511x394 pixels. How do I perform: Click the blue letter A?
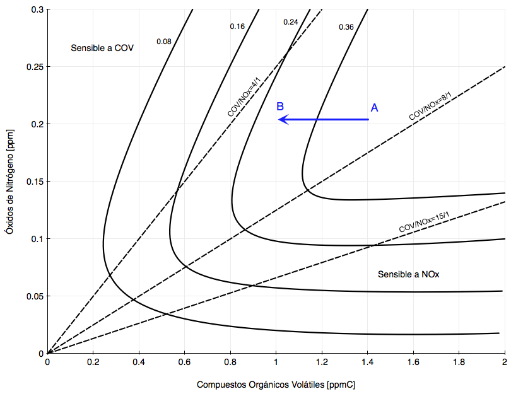tap(374, 108)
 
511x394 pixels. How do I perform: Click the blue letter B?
tap(281, 106)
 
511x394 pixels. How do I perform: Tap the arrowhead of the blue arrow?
tap(283, 119)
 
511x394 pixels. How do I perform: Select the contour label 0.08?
tap(163, 42)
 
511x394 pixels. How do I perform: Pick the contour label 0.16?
tap(237, 26)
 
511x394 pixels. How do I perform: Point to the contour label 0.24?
tap(290, 22)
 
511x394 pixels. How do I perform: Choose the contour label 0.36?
tap(346, 27)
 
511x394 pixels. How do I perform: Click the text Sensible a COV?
tap(102, 48)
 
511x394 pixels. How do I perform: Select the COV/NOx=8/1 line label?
tap(430, 107)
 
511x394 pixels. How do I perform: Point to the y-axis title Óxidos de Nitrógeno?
tap(8, 183)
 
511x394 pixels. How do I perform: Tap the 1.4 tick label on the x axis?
tap(367, 363)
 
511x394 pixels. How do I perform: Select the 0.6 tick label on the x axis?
tap(184, 363)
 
